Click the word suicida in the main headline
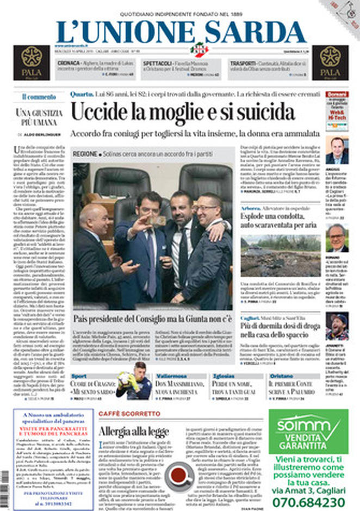[256, 111]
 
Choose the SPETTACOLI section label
[158, 63]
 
